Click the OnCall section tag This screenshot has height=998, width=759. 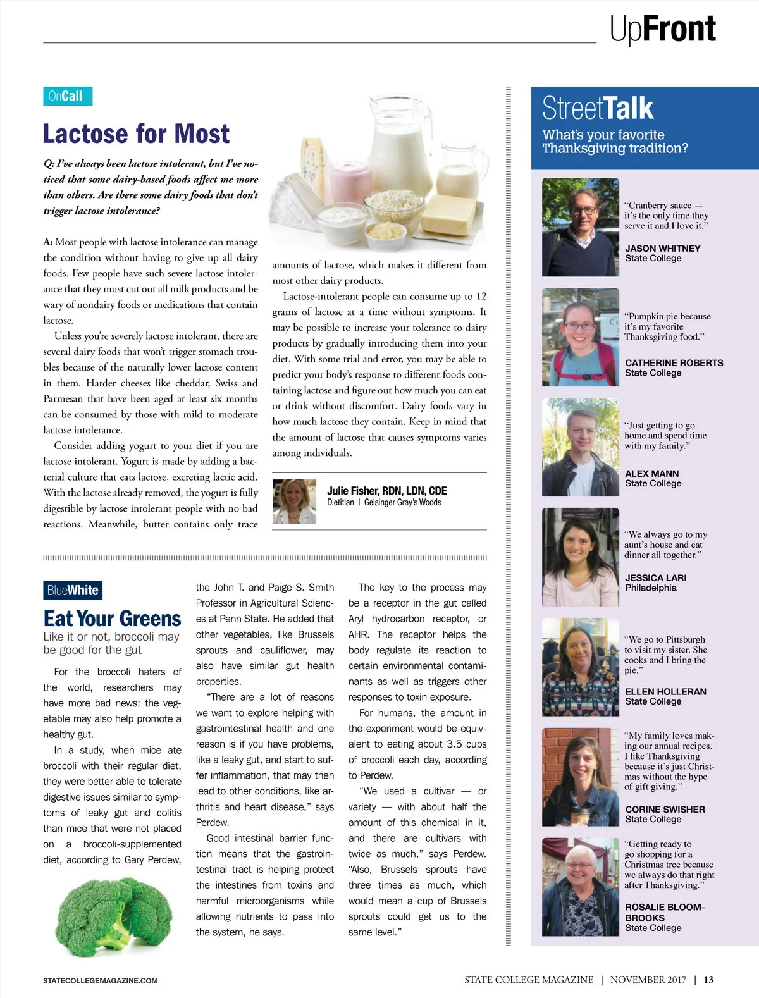68,96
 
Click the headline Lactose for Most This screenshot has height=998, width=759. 136,134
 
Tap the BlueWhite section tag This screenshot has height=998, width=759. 73,590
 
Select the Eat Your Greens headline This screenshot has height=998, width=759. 112,618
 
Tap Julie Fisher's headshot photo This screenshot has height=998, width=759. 294,501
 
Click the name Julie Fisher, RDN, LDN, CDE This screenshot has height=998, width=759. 386,491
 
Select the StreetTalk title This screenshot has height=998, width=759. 598,108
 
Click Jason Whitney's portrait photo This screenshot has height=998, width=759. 581,227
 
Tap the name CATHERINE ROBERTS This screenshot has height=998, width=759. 674,363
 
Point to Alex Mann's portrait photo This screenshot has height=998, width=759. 581,447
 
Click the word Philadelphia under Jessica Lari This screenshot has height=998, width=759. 651,588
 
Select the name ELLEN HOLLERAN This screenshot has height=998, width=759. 665,691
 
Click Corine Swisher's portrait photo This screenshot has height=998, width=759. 581,777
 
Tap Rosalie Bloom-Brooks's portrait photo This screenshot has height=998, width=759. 581,887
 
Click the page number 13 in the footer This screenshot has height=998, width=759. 708,980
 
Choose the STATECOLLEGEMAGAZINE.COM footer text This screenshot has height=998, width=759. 101,980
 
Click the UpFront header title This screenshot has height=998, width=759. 662,29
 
